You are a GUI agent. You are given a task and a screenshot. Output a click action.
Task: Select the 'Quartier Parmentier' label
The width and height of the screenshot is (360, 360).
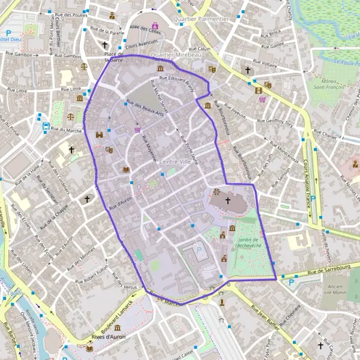point(200,19)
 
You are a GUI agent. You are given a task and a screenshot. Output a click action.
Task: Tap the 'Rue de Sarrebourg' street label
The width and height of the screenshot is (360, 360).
point(322,272)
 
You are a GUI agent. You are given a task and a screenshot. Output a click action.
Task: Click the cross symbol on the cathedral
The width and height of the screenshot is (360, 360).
point(227,200)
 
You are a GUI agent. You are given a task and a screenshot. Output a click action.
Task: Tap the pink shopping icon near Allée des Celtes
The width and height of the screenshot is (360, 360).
point(155,25)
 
